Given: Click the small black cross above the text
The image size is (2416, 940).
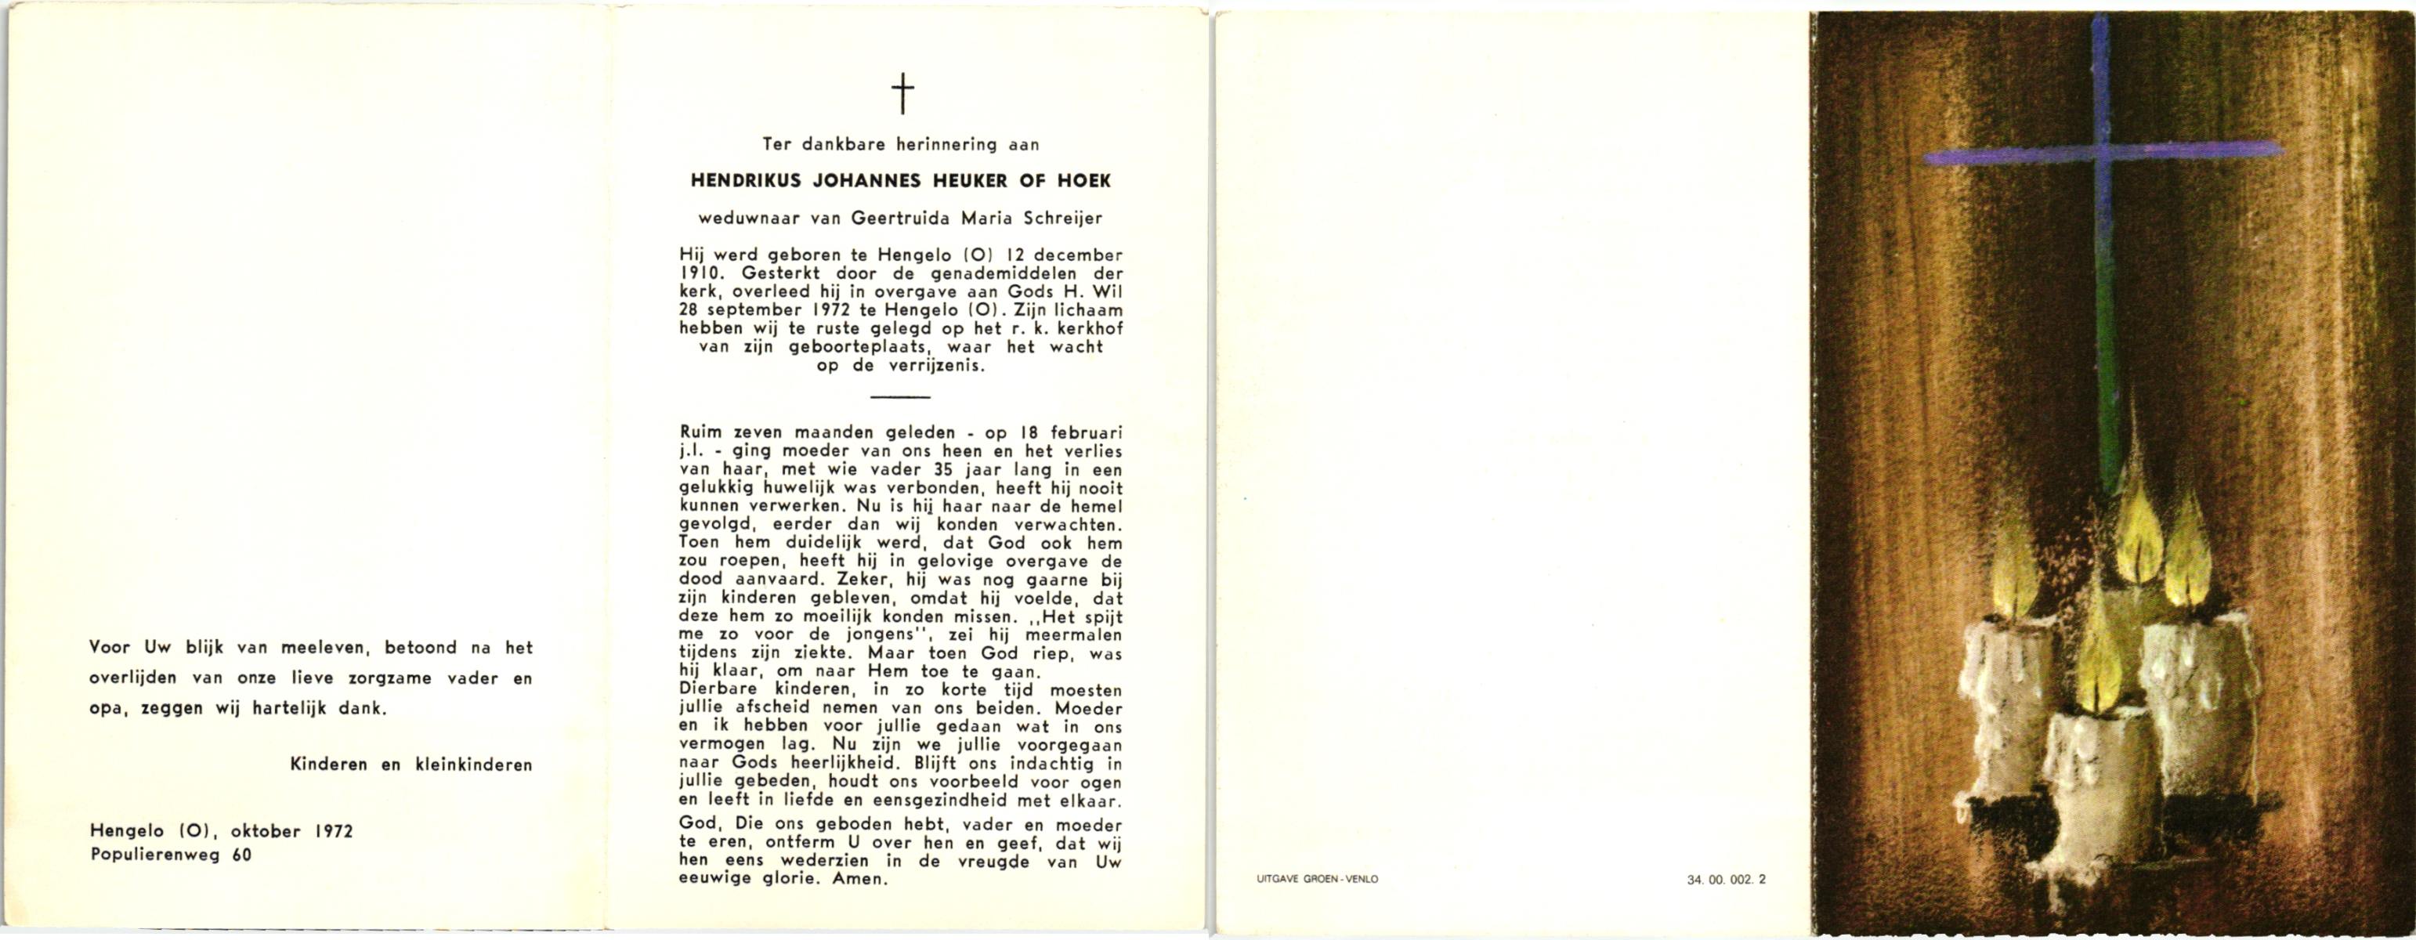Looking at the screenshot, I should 902,95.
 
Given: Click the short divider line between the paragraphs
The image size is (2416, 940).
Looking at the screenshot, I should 900,397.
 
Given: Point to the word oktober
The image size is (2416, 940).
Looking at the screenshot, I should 266,831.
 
